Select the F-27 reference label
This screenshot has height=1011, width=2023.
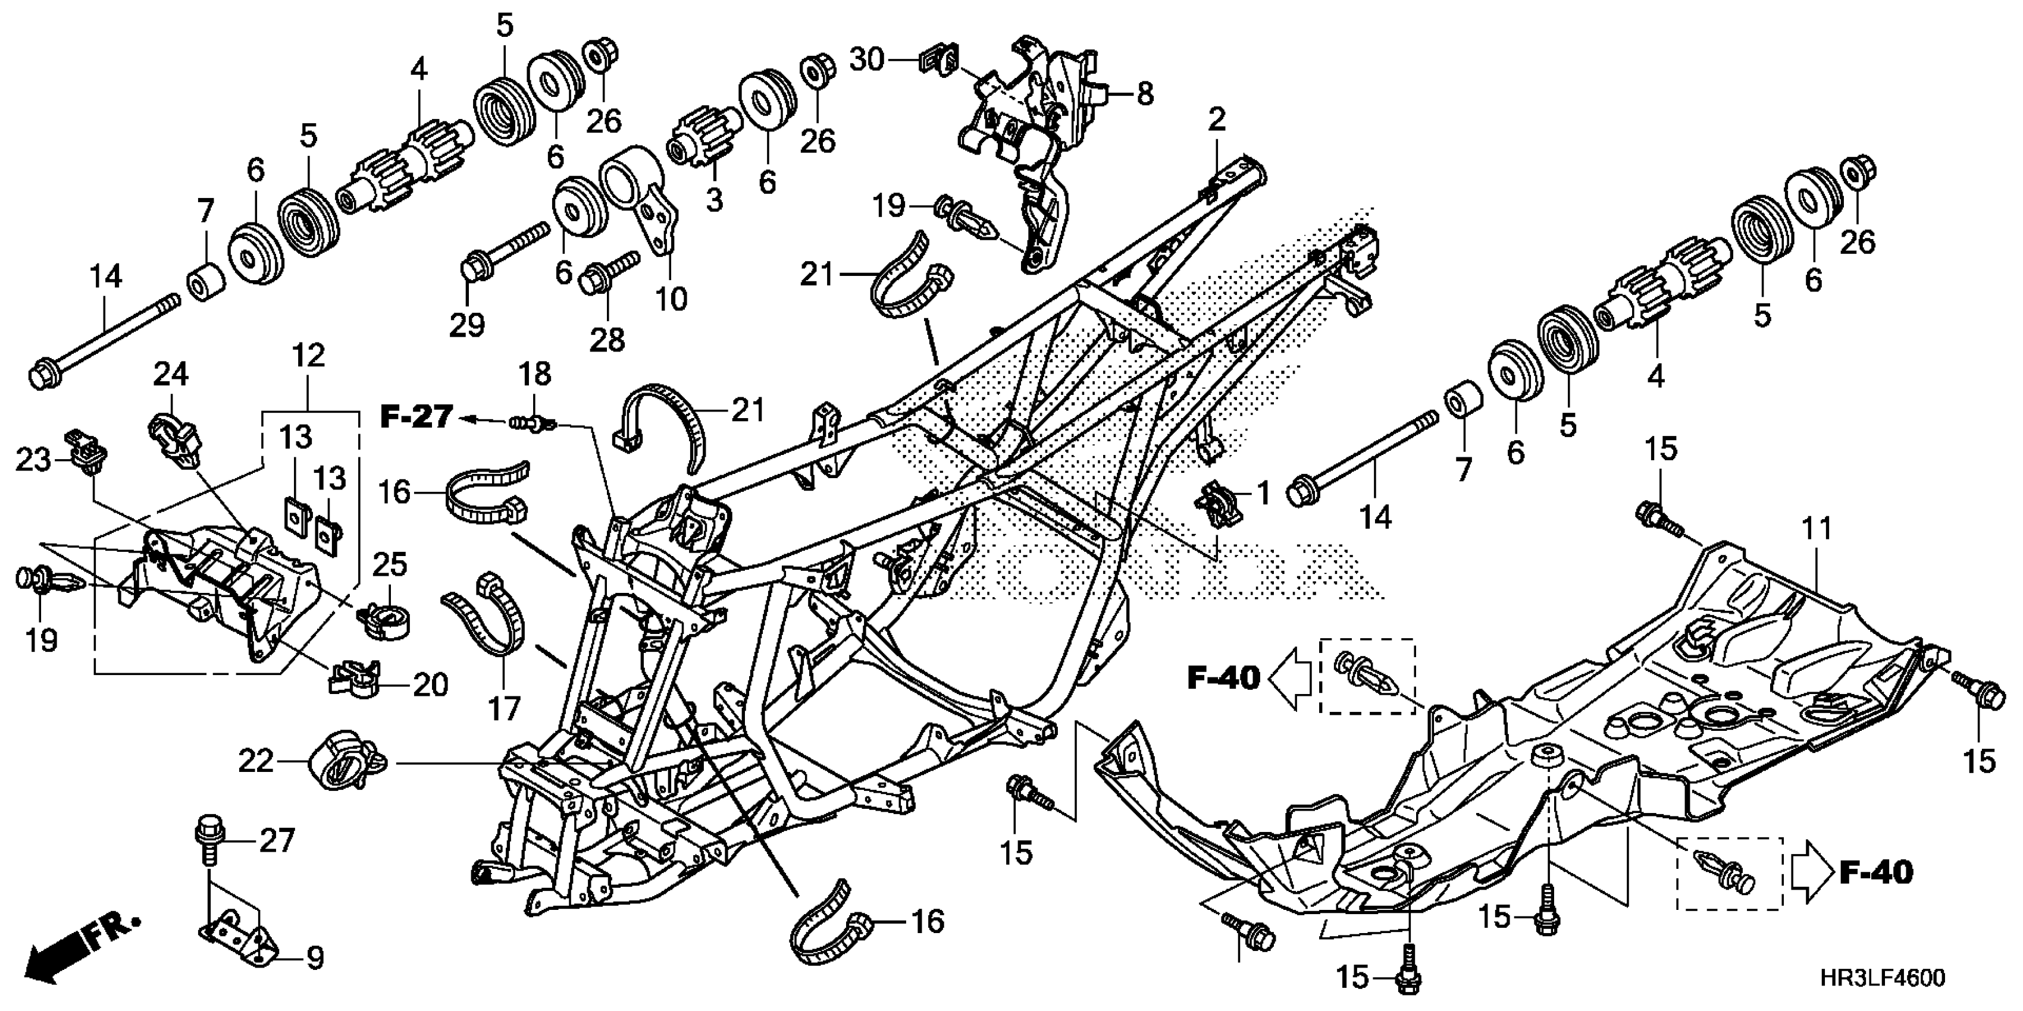(417, 416)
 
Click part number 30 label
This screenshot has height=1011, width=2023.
(867, 59)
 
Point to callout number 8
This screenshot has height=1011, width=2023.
(1145, 94)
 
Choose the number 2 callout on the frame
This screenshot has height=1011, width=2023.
(1216, 120)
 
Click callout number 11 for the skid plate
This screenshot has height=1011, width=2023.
(1817, 528)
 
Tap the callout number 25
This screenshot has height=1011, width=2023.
(390, 564)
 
